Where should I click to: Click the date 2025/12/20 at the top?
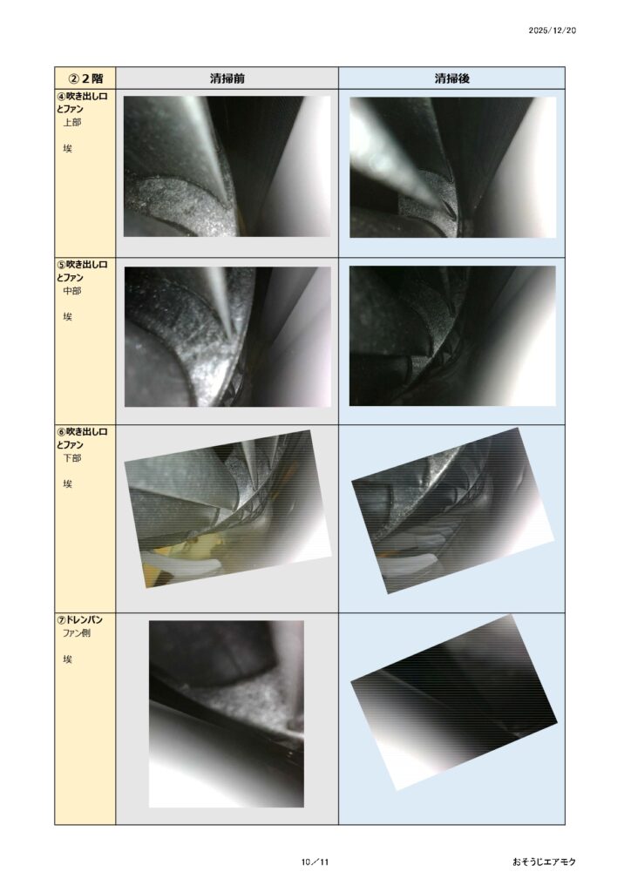click(552, 30)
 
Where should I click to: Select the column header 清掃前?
click(227, 78)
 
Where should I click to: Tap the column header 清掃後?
click(451, 78)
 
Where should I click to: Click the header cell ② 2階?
click(85, 78)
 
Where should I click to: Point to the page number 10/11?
click(315, 862)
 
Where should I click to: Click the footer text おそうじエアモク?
click(544, 862)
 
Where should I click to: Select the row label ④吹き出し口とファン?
click(82, 103)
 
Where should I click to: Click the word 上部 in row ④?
click(71, 122)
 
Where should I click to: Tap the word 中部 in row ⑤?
click(71, 291)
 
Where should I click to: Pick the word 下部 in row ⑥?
click(71, 458)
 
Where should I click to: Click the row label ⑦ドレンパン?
click(79, 619)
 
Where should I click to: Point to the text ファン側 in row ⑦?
click(76, 632)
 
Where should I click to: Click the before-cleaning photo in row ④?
click(227, 166)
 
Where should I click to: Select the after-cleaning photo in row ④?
click(452, 167)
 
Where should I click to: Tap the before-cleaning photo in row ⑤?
click(227, 337)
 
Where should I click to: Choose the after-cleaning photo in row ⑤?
click(452, 335)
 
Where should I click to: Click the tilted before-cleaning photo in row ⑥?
click(227, 509)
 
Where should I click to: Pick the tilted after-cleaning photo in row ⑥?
click(452, 510)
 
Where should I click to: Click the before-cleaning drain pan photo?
click(227, 714)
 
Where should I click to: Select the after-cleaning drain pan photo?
click(453, 702)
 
